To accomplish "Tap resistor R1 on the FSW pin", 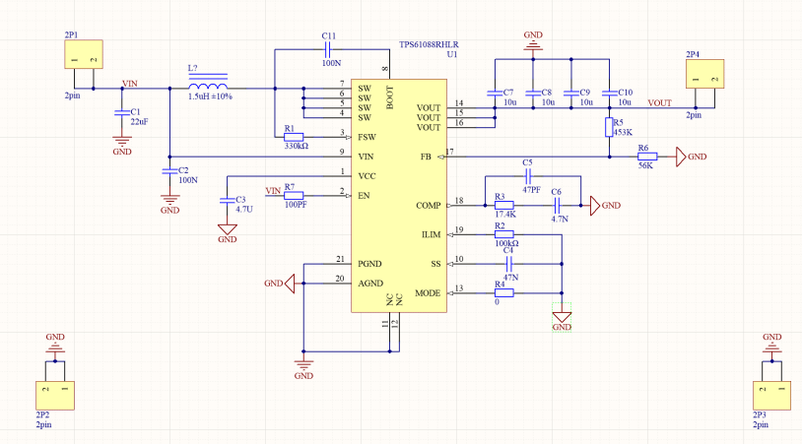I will (294, 136).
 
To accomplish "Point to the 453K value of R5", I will (622, 131).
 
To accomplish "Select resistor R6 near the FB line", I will (646, 156).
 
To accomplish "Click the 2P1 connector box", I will (83, 55).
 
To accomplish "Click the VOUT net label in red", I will (659, 102).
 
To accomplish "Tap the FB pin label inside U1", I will (426, 157).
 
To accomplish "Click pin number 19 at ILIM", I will (458, 229).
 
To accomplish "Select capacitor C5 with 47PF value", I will (529, 176).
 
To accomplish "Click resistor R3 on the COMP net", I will (503, 205).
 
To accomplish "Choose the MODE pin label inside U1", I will (428, 293).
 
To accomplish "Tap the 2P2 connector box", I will (55, 395).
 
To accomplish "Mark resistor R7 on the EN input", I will (294, 195).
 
